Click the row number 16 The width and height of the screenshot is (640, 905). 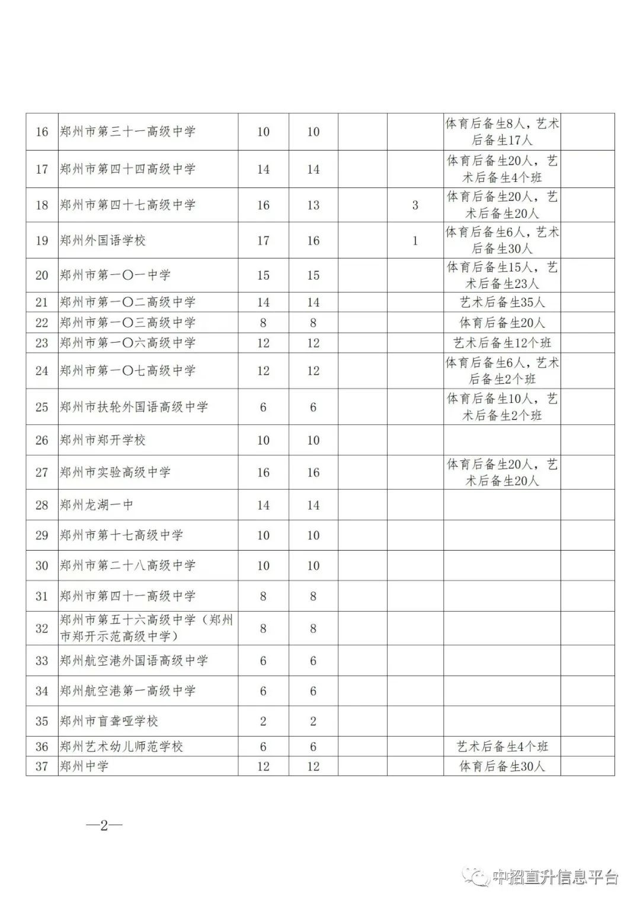(41, 132)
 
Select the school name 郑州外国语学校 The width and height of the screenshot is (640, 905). (103, 241)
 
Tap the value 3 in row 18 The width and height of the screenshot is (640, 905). (415, 205)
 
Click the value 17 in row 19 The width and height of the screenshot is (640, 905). (263, 241)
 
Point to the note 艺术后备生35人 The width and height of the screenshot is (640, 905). (502, 302)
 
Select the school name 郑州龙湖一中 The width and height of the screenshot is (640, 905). (96, 505)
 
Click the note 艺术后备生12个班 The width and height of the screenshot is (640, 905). (502, 343)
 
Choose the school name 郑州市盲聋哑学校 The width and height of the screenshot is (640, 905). (109, 721)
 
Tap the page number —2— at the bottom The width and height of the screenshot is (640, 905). (104, 826)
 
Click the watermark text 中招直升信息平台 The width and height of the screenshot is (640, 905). (556, 877)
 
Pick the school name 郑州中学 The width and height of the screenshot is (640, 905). (84, 766)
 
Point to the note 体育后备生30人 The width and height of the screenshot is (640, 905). (502, 766)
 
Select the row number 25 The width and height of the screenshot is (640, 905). (41, 407)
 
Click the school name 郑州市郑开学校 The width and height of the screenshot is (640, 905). (103, 440)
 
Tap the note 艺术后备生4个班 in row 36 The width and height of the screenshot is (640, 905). (502, 747)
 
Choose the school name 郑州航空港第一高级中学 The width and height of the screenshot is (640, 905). (127, 691)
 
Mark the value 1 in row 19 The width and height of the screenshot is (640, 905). (415, 241)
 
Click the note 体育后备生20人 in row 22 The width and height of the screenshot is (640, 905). (502, 323)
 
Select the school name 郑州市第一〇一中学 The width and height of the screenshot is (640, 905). (115, 276)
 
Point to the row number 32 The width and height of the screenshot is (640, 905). (41, 628)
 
